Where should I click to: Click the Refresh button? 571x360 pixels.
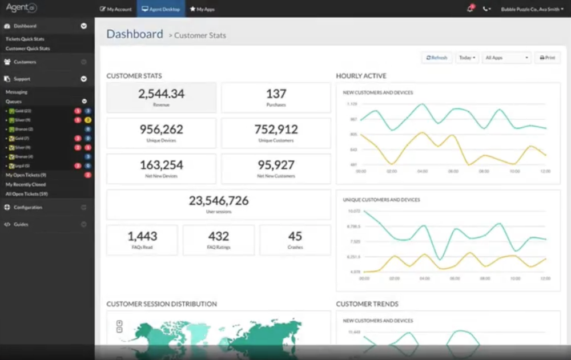pos(437,58)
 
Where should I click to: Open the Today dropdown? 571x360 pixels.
pos(467,58)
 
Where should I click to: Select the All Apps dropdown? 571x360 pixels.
pos(506,58)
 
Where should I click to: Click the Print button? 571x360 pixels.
pos(547,58)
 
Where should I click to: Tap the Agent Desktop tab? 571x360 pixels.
pos(160,9)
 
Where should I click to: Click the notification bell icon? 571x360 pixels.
pos(470,9)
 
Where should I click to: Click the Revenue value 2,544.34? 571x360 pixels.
pos(161,94)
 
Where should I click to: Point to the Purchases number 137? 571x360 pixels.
pos(276,94)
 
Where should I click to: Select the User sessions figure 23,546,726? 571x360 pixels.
pos(219,201)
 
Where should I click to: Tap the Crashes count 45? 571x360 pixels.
pos(295,236)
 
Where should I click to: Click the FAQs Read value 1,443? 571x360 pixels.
pos(142,236)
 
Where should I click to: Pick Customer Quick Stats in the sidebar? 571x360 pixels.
pos(27,48)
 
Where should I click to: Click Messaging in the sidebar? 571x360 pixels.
pos(17,92)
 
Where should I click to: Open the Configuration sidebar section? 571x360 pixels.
pos(28,207)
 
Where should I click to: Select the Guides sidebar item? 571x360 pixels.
pos(21,224)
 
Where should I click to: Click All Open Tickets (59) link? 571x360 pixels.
pos(27,194)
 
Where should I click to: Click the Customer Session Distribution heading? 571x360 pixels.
pos(162,304)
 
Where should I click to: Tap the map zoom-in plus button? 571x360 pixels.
pos(119,323)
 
